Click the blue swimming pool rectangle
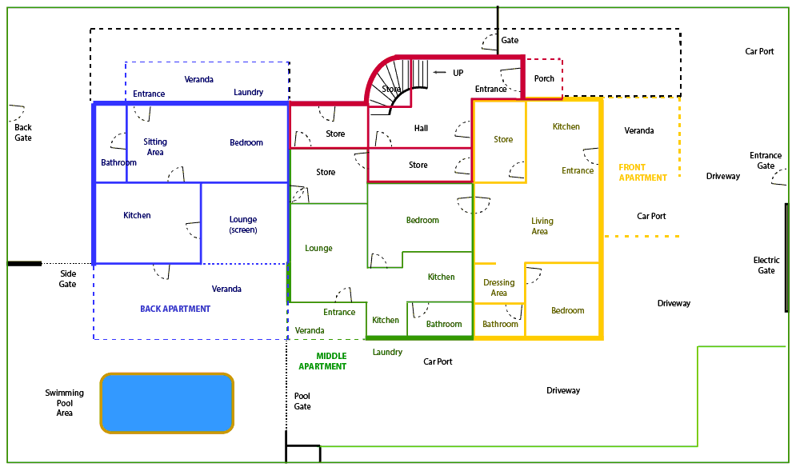pyautogui.click(x=166, y=403)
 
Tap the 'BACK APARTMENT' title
pyautogui.click(x=175, y=309)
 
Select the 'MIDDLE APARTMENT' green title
pyautogui.click(x=322, y=361)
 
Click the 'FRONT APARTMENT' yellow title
pyautogui.click(x=642, y=173)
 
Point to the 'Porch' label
pyautogui.click(x=544, y=78)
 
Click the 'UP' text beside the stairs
pyautogui.click(x=458, y=73)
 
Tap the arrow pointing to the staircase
pyautogui.click(x=439, y=73)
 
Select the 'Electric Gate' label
pyautogui.click(x=766, y=265)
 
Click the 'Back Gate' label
pyautogui.click(x=23, y=133)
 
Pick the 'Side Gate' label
pyautogui.click(x=67, y=278)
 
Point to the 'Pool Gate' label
pyautogui.click(x=302, y=401)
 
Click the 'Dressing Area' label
pyautogui.click(x=499, y=288)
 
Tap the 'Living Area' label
pyautogui.click(x=542, y=226)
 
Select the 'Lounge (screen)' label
pyautogui.click(x=243, y=225)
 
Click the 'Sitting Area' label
pyautogui.click(x=155, y=146)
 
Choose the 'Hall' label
pyautogui.click(x=421, y=129)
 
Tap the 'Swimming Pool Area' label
pyautogui.click(x=65, y=402)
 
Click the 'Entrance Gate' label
pyautogui.click(x=766, y=161)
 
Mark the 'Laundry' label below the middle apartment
pyautogui.click(x=387, y=352)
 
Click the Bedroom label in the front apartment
pyautogui.click(x=567, y=310)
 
